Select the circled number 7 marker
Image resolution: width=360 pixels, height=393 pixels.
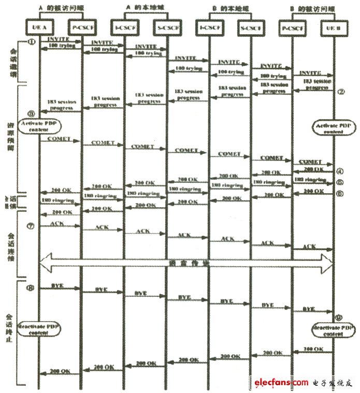pos(31,226)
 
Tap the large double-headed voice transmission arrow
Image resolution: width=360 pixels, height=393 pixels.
pos(186,264)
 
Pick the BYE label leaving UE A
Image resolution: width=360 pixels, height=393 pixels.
pos(57,285)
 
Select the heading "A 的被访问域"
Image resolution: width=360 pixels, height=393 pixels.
pos(60,7)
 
